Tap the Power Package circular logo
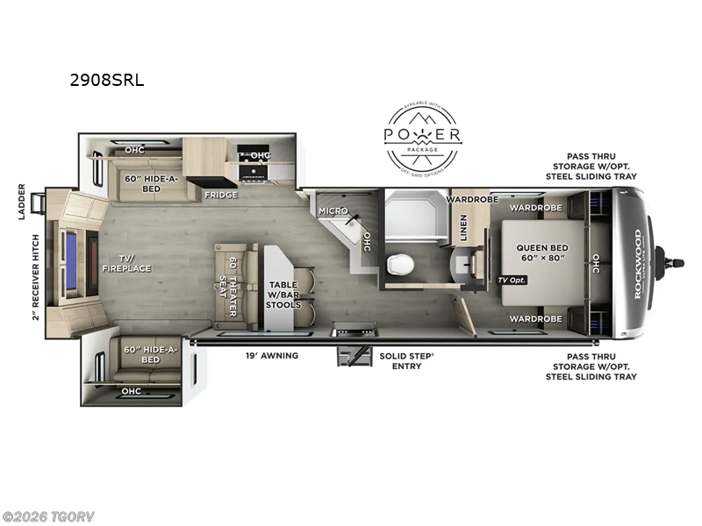(424, 137)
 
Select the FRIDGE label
(221, 195)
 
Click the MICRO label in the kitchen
(333, 211)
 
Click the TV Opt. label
(512, 280)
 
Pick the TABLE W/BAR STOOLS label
(283, 295)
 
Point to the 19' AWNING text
(271, 356)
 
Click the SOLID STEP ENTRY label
(401, 360)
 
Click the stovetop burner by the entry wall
(354, 330)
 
